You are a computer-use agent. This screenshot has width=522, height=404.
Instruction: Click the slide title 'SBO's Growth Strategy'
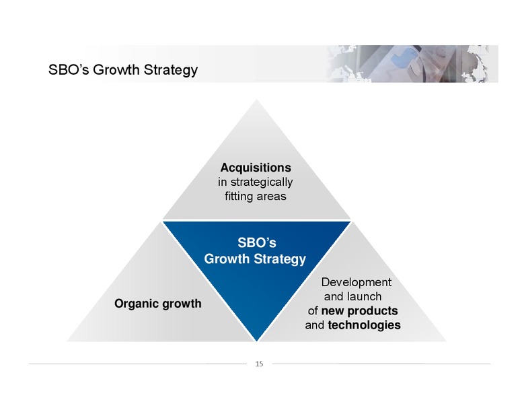(x=123, y=70)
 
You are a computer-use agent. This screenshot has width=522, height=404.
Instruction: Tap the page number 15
(x=259, y=364)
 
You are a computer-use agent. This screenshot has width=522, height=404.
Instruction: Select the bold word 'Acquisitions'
(x=256, y=168)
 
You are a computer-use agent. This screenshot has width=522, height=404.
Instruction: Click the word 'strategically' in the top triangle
(x=262, y=182)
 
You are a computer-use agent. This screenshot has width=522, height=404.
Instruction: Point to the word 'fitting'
(x=238, y=197)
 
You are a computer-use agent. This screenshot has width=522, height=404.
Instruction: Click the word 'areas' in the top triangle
(x=270, y=197)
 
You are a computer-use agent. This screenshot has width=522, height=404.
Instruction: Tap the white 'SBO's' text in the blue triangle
(x=257, y=242)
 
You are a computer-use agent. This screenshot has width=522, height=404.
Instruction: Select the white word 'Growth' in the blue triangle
(x=227, y=259)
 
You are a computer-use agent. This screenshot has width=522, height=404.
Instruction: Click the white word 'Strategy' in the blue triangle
(x=280, y=259)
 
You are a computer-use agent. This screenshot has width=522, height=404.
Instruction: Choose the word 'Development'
(x=357, y=282)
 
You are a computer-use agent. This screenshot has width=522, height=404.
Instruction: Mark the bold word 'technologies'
(x=364, y=325)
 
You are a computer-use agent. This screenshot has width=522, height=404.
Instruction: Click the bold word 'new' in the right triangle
(x=332, y=311)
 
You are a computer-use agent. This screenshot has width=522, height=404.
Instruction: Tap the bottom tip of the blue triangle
(x=257, y=341)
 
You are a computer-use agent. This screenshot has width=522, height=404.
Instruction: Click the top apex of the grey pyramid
(x=257, y=100)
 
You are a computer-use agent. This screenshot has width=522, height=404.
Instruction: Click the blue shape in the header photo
(x=402, y=57)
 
